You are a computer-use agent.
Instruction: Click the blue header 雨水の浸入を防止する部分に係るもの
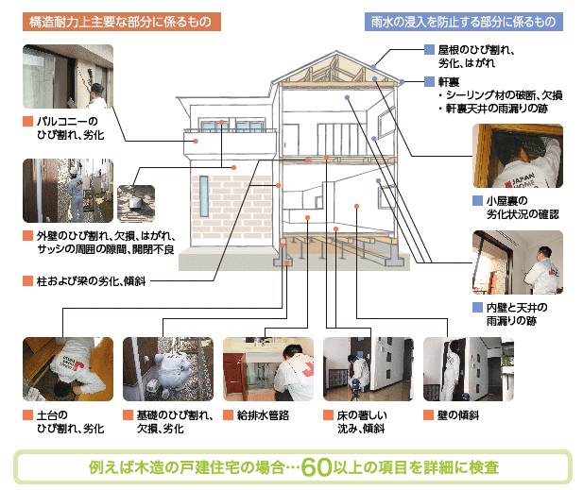click(x=462, y=21)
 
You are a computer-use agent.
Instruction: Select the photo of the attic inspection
click(x=517, y=156)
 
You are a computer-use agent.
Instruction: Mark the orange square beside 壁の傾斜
click(x=429, y=414)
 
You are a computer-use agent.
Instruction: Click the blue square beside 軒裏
click(x=430, y=81)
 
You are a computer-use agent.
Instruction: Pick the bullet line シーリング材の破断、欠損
click(x=500, y=95)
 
